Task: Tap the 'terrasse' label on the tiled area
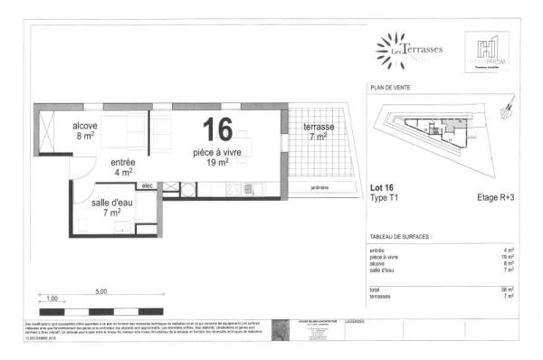318,126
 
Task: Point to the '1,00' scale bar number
52,298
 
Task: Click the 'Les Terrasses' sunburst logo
391,50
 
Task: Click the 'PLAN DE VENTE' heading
390,89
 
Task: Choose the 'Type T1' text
386,198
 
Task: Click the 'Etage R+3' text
496,198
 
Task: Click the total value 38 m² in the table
509,288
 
